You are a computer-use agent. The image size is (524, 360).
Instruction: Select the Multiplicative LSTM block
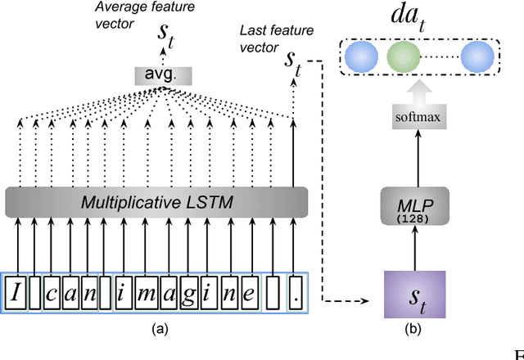[156, 201]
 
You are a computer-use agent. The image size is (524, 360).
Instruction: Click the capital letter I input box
[15, 293]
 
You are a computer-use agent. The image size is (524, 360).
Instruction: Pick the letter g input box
[187, 293]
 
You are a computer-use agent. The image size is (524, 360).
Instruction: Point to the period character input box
[294, 293]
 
